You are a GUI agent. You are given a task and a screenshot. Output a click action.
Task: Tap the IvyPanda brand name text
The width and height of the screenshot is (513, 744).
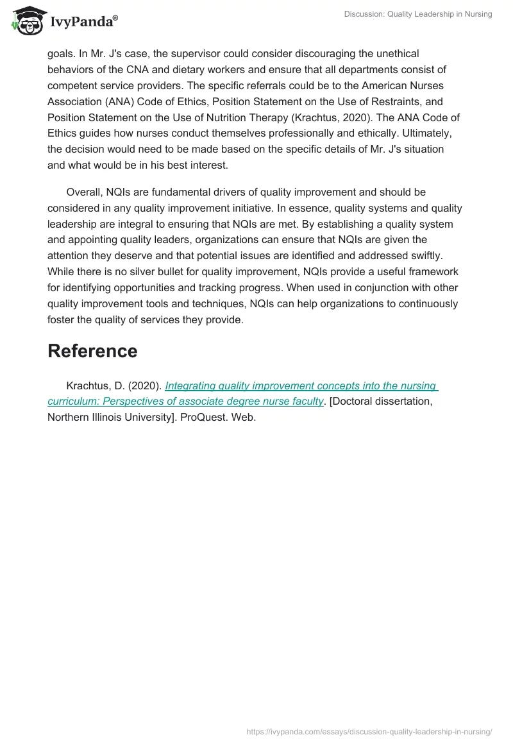83,22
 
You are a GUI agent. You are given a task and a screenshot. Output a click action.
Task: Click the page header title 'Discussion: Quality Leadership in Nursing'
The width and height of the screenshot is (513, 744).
408,14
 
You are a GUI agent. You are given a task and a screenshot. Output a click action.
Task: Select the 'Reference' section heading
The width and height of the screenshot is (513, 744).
92,351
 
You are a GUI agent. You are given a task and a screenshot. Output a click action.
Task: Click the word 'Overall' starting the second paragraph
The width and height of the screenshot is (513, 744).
85,192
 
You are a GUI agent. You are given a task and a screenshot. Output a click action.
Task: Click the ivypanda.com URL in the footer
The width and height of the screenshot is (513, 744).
369,732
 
